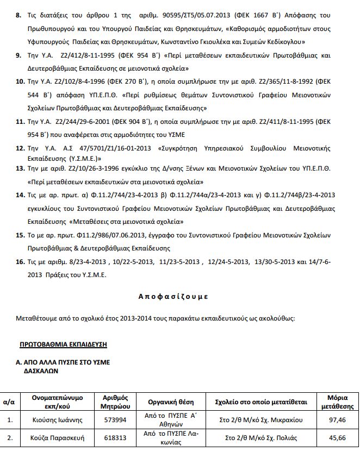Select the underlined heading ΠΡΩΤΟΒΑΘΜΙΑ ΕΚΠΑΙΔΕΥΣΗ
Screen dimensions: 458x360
coord(63,344)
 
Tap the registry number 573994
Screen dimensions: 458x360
coord(114,420)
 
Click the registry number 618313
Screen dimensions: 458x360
coord(114,437)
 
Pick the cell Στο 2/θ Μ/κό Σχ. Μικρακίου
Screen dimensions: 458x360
coord(261,420)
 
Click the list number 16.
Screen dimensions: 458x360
coord(20,261)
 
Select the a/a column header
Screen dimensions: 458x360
coord(9,402)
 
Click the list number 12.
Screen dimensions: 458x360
coord(20,148)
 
